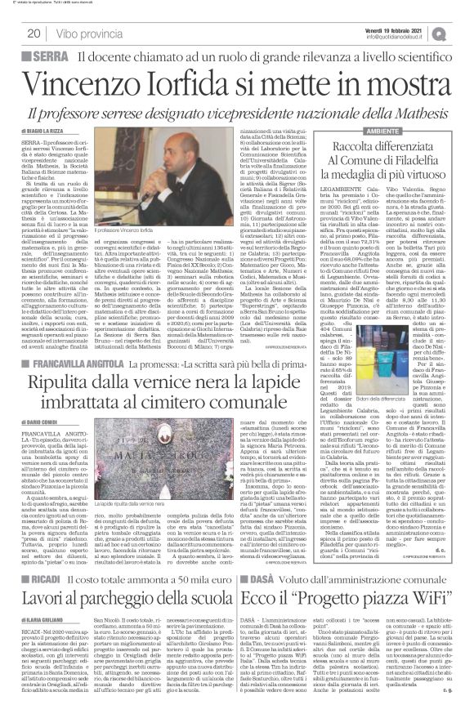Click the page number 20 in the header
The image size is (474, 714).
(x=36, y=33)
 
